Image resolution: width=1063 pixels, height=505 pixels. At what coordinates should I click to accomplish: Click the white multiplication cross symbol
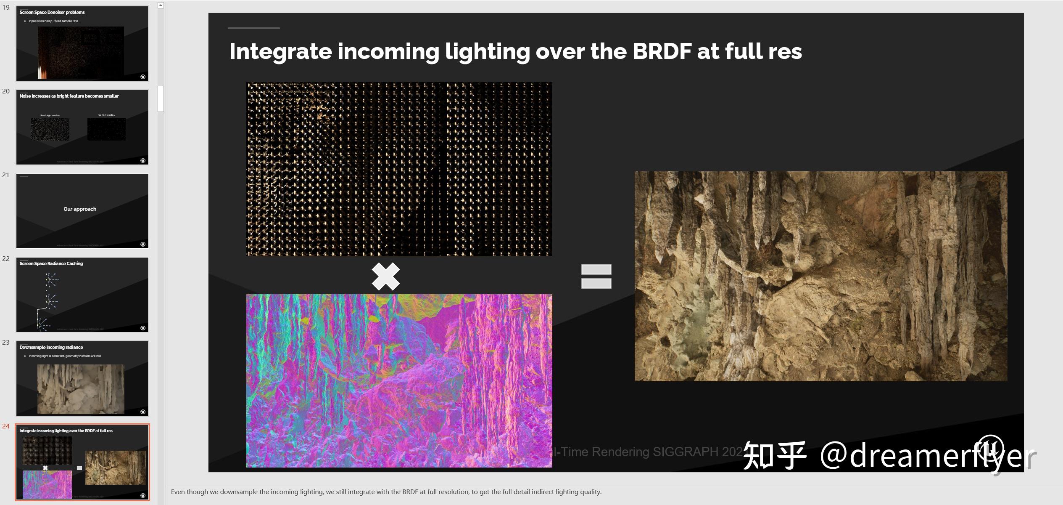click(385, 276)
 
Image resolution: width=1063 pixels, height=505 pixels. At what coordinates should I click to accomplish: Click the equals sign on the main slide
click(596, 276)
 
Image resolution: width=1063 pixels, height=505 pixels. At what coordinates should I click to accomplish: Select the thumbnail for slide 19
click(82, 43)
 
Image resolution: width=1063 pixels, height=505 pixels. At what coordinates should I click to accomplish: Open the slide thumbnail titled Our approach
click(82, 211)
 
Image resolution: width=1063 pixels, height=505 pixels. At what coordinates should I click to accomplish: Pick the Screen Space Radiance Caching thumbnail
click(82, 295)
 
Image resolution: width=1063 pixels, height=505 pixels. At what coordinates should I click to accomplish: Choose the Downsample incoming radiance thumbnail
click(82, 378)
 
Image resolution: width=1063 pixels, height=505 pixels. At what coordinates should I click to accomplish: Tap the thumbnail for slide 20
click(82, 127)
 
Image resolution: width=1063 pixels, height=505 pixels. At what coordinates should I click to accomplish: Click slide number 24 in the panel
click(6, 426)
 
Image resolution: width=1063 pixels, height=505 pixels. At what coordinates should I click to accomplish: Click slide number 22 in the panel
click(6, 259)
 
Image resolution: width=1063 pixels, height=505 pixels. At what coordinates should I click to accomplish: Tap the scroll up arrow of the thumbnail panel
click(161, 5)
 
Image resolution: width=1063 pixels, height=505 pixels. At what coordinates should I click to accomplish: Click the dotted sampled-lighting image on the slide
click(399, 169)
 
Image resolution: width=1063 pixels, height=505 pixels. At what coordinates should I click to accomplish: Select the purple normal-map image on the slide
click(399, 380)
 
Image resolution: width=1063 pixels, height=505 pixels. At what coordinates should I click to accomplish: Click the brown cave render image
click(820, 276)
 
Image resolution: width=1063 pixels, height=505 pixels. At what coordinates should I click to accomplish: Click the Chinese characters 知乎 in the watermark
click(774, 455)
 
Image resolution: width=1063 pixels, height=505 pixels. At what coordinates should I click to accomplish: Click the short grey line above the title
click(253, 28)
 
